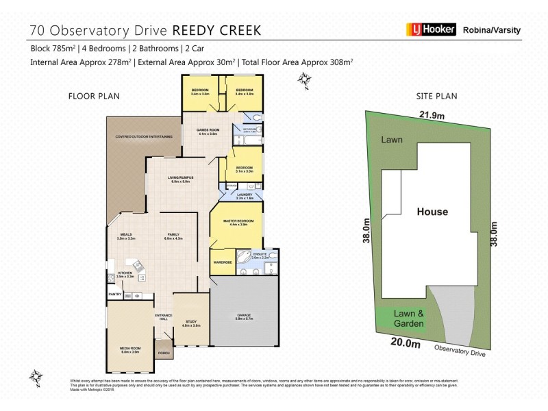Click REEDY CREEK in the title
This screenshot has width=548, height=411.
pos(216,31)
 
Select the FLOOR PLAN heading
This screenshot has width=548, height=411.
pos(90,96)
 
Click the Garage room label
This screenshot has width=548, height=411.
pos(244,316)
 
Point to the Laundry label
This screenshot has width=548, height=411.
pos(245,195)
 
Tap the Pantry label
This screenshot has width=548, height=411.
pos(114,295)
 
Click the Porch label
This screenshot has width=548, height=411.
pos(164,353)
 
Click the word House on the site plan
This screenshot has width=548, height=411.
pos(432,212)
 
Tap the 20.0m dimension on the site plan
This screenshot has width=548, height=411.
pos(407,344)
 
